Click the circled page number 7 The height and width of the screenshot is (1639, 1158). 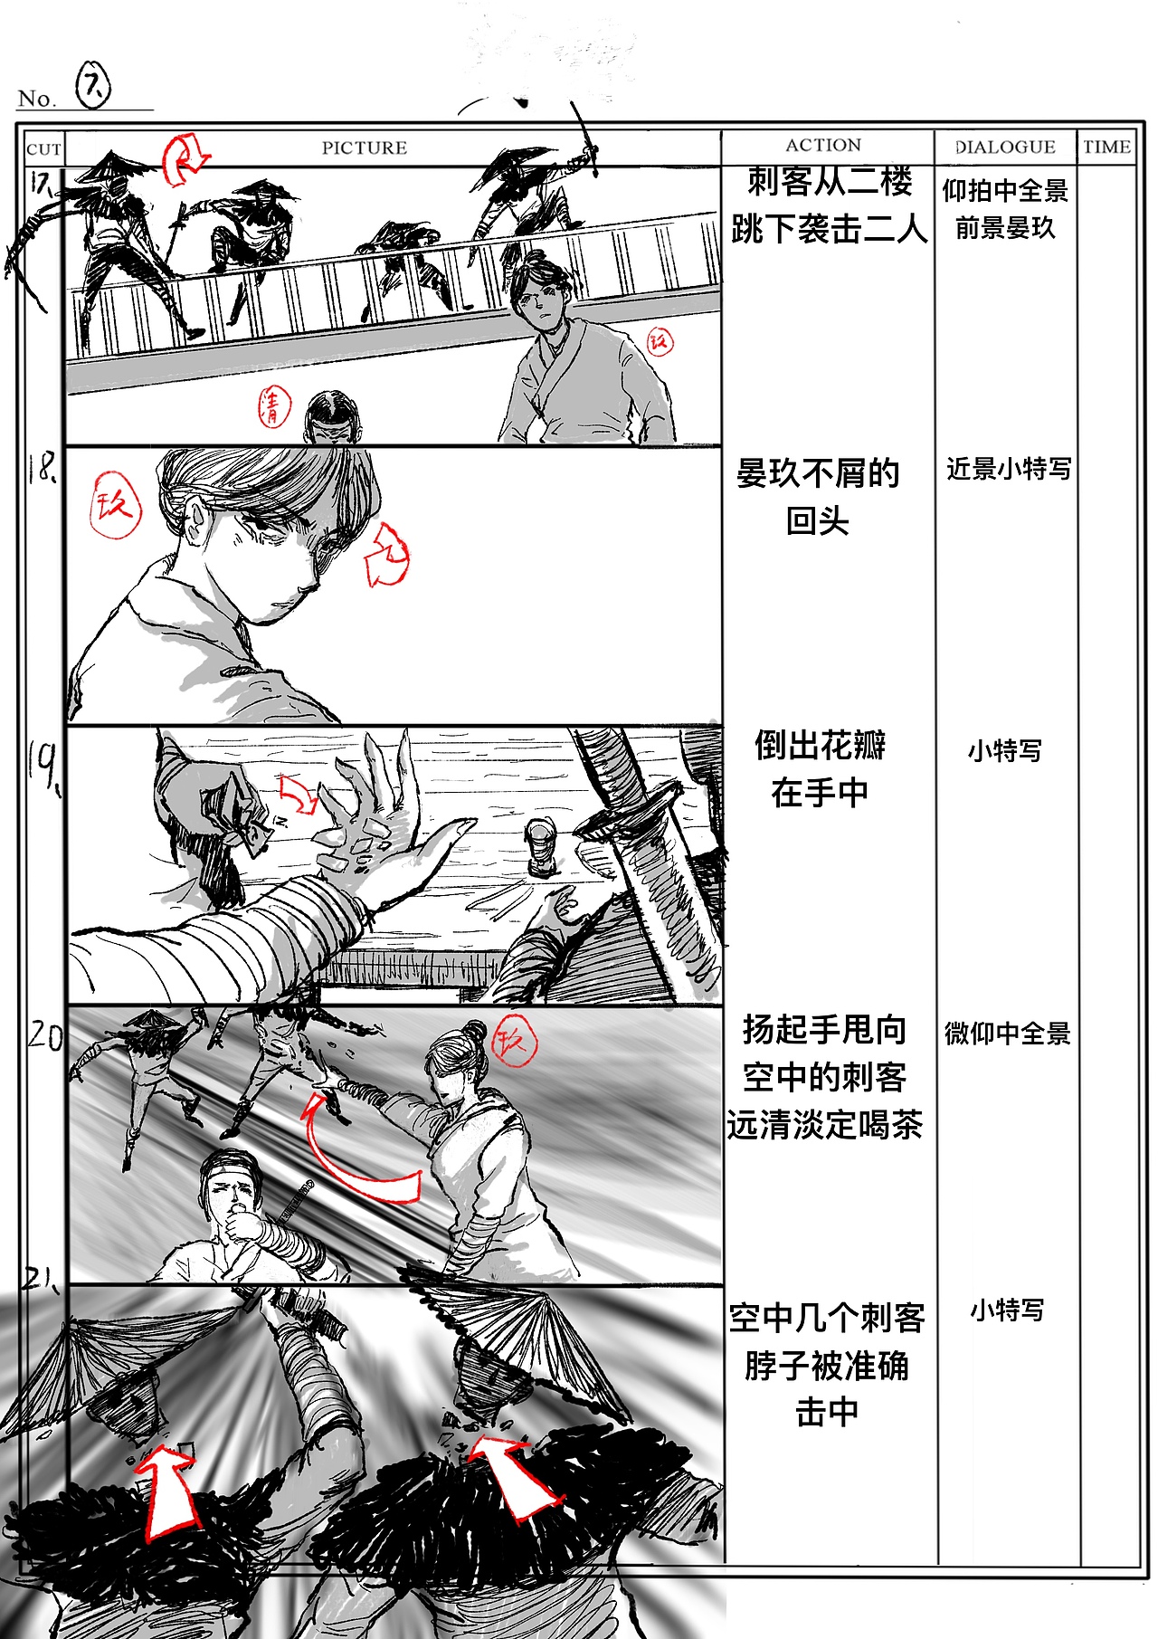click(92, 86)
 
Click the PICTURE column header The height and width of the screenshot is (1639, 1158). click(364, 148)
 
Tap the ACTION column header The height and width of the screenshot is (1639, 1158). click(822, 145)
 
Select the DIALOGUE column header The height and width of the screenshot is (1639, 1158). click(1005, 147)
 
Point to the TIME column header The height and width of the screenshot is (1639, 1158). click(1106, 147)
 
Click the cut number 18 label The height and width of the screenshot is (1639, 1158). click(42, 468)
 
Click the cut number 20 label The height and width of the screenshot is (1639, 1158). click(43, 1035)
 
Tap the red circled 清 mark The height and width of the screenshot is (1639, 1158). click(273, 405)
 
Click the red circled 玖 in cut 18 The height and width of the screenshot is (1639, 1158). click(116, 505)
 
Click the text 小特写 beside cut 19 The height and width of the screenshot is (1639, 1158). click(1004, 750)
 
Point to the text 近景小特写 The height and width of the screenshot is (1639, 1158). click(1008, 469)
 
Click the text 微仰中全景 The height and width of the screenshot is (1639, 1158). click(1007, 1033)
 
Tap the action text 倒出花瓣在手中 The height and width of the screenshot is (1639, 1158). click(821, 768)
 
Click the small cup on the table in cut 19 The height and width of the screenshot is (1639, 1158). click(541, 846)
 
